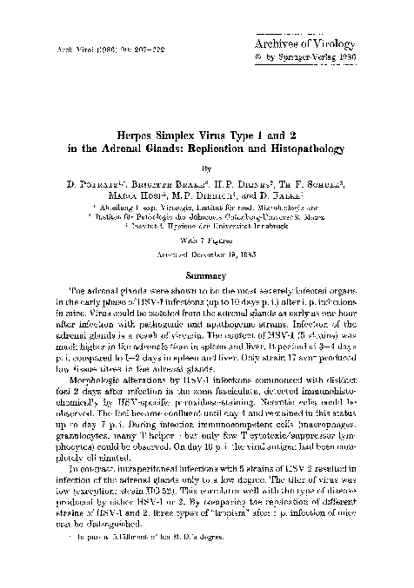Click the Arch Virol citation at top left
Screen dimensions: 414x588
tap(80, 45)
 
